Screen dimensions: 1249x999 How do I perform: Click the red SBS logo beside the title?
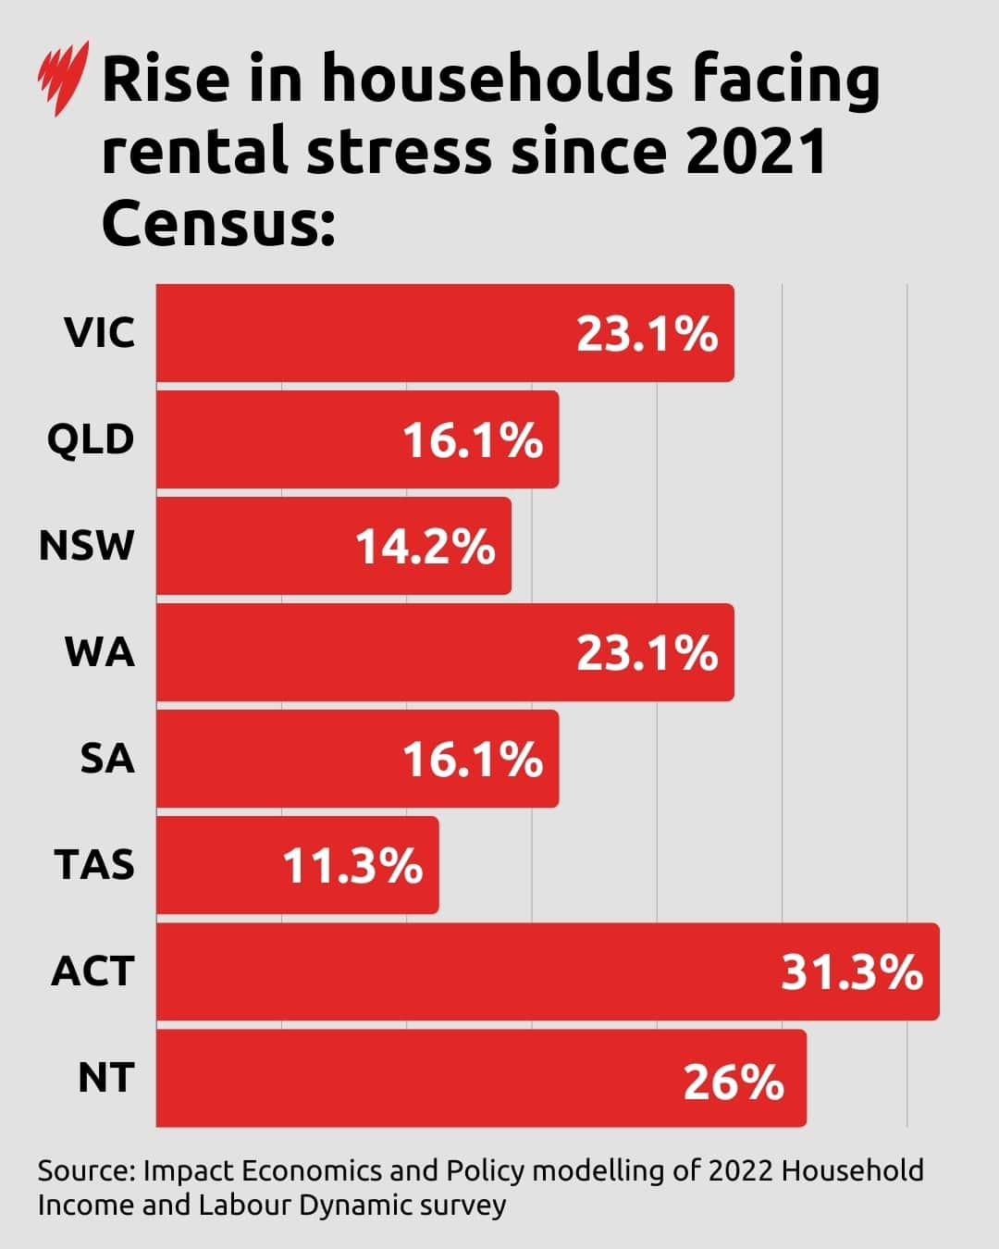coord(63,79)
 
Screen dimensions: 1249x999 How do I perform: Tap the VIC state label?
coord(99,333)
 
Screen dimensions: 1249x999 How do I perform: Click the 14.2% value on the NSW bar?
coord(425,546)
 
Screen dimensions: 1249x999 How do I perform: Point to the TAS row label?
coord(94,865)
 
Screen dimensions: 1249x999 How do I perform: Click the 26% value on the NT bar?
coord(734,1081)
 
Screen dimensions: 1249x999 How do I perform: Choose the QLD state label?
coord(91,439)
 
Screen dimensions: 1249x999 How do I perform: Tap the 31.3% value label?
coord(852,973)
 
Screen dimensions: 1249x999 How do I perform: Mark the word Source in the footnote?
coord(85,1170)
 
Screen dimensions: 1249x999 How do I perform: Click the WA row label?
coord(100,652)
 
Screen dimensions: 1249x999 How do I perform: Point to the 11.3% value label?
coord(352,867)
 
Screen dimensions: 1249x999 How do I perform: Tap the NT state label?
coord(105,1078)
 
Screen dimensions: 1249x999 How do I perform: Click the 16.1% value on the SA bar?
coord(473,761)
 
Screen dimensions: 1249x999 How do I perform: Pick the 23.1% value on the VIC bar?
coord(647,334)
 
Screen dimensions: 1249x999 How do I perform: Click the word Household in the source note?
coord(853,1170)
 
